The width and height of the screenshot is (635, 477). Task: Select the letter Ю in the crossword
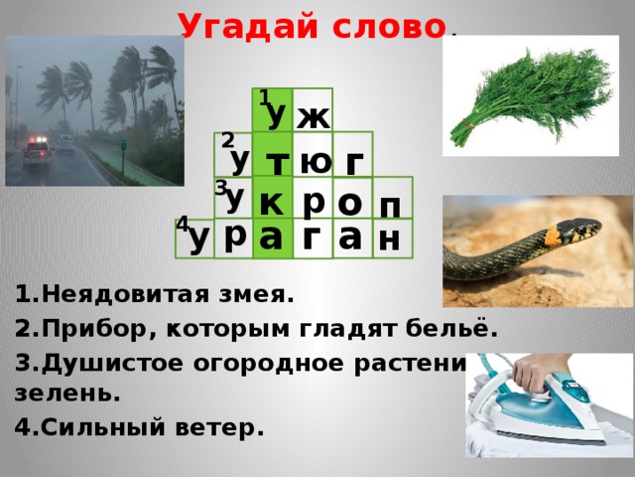(x=315, y=159)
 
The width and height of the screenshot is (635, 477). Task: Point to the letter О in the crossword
(x=349, y=201)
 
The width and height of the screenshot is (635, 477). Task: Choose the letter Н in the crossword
(x=389, y=238)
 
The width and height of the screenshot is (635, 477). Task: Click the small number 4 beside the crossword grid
(x=181, y=226)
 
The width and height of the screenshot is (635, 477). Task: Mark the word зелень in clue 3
(x=67, y=392)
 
